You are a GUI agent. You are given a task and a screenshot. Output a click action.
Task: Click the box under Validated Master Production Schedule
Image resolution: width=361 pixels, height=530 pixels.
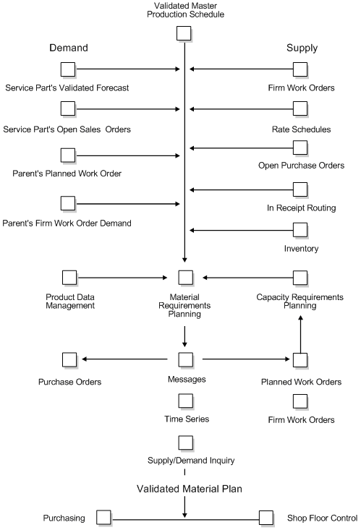point(184,34)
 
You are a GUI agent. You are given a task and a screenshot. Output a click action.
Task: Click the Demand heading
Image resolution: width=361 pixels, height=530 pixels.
point(69,48)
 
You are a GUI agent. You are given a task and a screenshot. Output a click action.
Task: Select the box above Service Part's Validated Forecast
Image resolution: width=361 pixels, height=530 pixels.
point(68,69)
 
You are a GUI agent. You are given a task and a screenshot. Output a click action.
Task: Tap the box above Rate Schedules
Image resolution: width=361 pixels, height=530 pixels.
point(300,109)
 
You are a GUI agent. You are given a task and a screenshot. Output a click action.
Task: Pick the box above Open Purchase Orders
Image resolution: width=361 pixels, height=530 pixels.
point(300,148)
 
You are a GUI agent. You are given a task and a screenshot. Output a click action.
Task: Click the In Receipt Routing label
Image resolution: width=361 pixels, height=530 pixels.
point(300,208)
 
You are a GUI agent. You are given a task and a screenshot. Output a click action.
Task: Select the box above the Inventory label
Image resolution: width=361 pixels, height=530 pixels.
point(300,230)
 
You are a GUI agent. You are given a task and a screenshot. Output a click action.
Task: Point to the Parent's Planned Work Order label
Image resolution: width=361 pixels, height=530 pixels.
point(67,174)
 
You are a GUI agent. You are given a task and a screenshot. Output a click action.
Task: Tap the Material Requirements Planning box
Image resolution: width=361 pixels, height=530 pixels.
point(185,277)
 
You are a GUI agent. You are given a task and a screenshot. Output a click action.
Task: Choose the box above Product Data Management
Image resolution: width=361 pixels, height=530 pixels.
point(69,277)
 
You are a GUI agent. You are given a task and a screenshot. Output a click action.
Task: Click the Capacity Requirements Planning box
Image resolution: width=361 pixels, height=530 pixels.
point(300,277)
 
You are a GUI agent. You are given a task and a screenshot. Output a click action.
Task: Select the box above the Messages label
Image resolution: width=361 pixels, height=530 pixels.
point(185,359)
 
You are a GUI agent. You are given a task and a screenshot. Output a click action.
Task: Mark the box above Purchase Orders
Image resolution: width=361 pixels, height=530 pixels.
point(69,359)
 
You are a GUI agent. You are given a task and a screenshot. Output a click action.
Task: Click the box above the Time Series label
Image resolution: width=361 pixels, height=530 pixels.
point(185,400)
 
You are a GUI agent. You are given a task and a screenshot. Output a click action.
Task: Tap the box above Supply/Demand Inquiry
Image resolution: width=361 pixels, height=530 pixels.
point(185,442)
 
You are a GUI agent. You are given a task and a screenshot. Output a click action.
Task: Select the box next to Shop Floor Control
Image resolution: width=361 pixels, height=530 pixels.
point(266,518)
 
